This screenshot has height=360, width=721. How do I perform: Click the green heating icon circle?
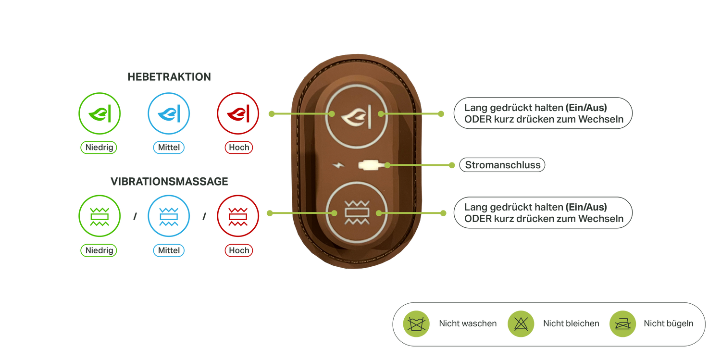pyautogui.click(x=99, y=114)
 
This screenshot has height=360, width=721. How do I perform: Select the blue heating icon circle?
pyautogui.click(x=169, y=114)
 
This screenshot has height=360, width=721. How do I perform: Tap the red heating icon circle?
pyautogui.click(x=238, y=114)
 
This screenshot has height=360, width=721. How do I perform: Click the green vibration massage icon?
pyautogui.click(x=99, y=216)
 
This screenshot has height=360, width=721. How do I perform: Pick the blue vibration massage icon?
pyautogui.click(x=169, y=216)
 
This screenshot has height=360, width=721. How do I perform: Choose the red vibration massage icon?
pyautogui.click(x=238, y=216)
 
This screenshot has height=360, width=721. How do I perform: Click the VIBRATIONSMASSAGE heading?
pyautogui.click(x=169, y=182)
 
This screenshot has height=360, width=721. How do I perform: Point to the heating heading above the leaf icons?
pyautogui.click(x=169, y=77)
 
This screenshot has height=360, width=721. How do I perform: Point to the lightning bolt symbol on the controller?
pyautogui.click(x=339, y=165)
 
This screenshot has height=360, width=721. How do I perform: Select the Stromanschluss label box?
pyautogui.click(x=502, y=165)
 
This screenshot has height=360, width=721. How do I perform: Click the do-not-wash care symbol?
pyautogui.click(x=416, y=324)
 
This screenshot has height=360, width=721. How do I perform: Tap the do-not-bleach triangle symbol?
pyautogui.click(x=521, y=324)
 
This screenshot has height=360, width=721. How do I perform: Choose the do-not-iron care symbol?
pyautogui.click(x=622, y=324)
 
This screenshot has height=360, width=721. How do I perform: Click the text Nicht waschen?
pyautogui.click(x=468, y=324)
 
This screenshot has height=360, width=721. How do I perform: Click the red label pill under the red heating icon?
pyautogui.click(x=239, y=148)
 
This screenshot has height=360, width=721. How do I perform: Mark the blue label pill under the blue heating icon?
pyautogui.click(x=169, y=148)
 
